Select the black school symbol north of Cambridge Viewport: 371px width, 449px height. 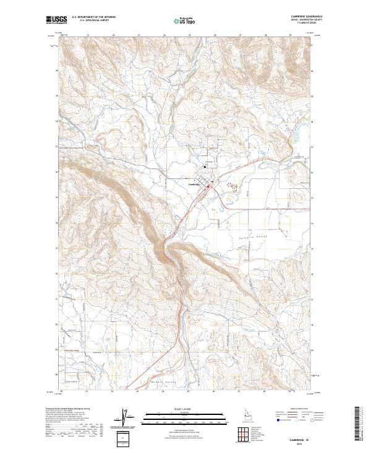(205, 166)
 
